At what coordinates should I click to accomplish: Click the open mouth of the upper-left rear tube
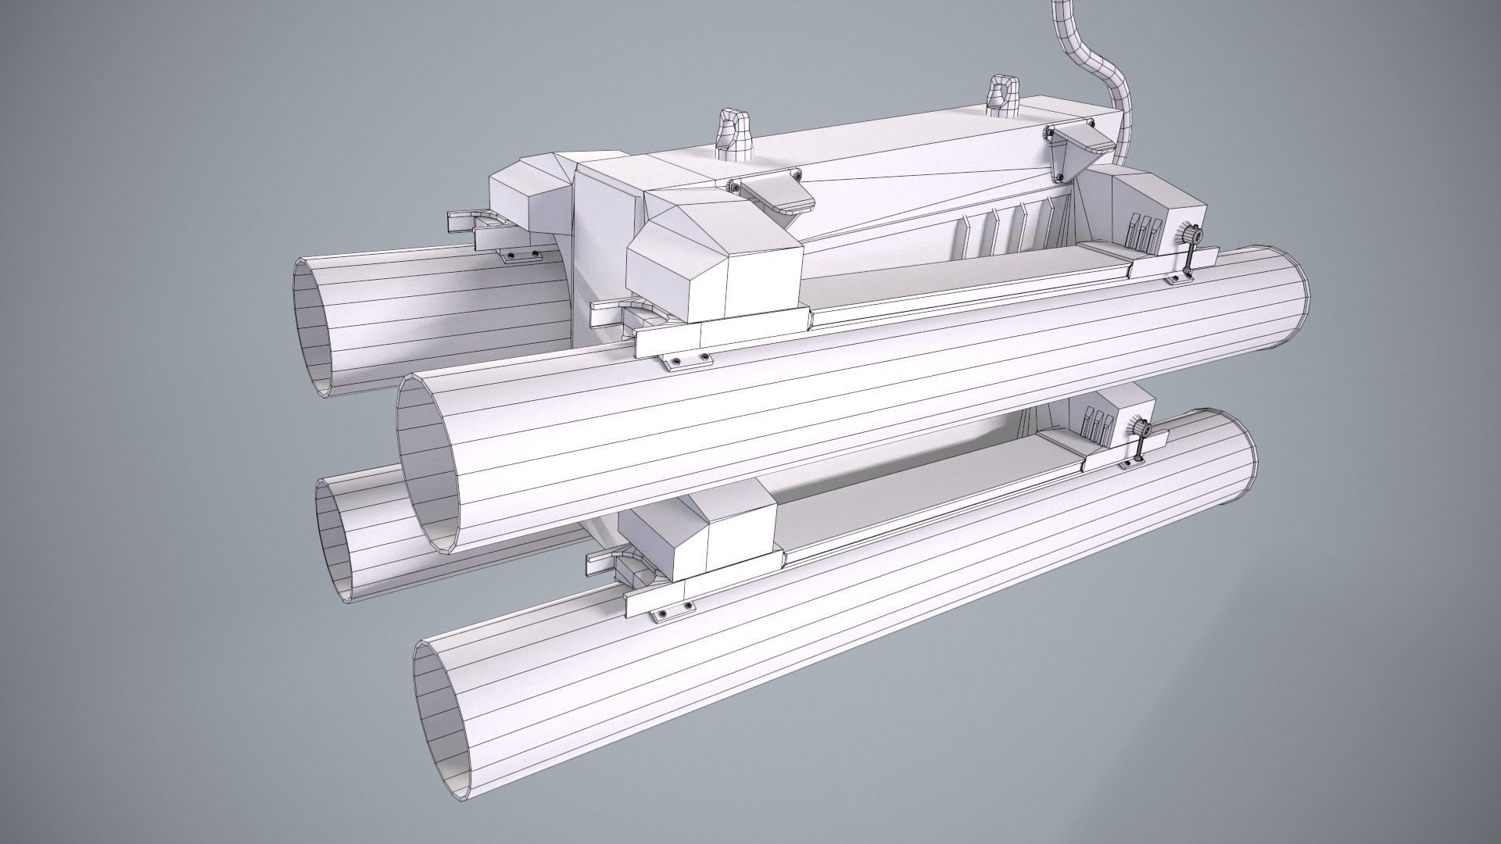[x=317, y=327]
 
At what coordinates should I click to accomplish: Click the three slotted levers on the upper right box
[x=1142, y=230]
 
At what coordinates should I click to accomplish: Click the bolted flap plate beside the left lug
[x=774, y=192]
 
